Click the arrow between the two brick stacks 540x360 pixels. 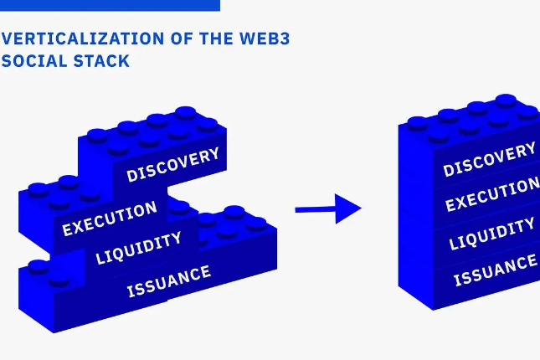coord(327,208)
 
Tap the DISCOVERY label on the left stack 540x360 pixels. coord(173,164)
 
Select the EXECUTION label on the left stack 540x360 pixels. coord(110,219)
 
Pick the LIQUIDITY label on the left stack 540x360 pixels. coord(138,249)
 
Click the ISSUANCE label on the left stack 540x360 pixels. coord(168,281)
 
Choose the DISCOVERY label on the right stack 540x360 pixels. coord(489,159)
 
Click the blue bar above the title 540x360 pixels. coord(110,5)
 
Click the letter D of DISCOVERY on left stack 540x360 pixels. coord(131,176)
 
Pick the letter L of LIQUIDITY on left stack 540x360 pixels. coord(100,259)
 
